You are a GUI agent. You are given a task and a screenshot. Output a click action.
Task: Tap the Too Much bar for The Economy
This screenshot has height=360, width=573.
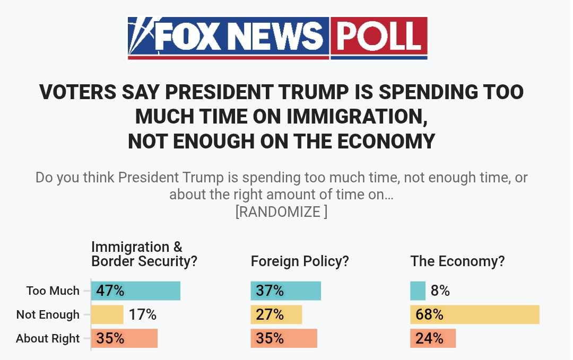click(418, 291)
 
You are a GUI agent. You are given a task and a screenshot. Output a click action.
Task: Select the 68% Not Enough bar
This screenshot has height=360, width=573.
click(474, 314)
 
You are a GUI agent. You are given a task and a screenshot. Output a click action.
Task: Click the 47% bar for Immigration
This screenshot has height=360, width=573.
click(136, 291)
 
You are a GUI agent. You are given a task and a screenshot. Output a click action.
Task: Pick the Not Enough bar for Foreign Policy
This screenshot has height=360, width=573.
click(276, 314)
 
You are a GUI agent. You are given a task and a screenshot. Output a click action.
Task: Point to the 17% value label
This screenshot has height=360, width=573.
click(142, 315)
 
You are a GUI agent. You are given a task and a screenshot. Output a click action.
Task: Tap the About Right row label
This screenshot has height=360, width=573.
click(48, 338)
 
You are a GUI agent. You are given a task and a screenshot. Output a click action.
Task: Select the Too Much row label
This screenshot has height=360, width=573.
click(53, 291)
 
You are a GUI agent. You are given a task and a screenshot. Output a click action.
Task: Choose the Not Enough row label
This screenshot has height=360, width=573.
click(48, 314)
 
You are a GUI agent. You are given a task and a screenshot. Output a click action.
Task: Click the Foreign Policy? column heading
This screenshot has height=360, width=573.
click(300, 261)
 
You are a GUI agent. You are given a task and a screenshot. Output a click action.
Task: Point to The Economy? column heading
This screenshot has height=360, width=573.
click(457, 261)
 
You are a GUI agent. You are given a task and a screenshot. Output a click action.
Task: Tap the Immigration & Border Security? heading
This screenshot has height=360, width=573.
click(144, 254)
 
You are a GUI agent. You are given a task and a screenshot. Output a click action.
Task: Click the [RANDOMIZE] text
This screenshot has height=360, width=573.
click(281, 212)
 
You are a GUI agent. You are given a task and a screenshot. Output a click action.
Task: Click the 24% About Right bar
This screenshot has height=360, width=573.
click(432, 338)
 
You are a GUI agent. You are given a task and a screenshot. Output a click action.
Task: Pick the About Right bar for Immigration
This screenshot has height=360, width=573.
click(125, 338)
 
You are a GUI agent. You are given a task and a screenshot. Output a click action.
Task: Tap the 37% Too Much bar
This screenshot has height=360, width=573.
click(285, 291)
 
